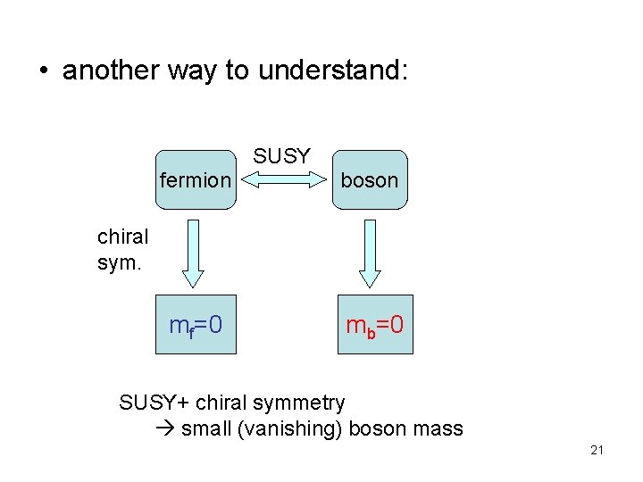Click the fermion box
pos(195,179)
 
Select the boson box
pos(370,179)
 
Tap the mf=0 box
pos(196,324)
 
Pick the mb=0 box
pos(375,324)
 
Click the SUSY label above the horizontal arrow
pos(281,156)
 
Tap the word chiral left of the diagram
pos(122,238)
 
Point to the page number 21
pos(597,450)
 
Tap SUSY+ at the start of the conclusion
pos(154,403)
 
